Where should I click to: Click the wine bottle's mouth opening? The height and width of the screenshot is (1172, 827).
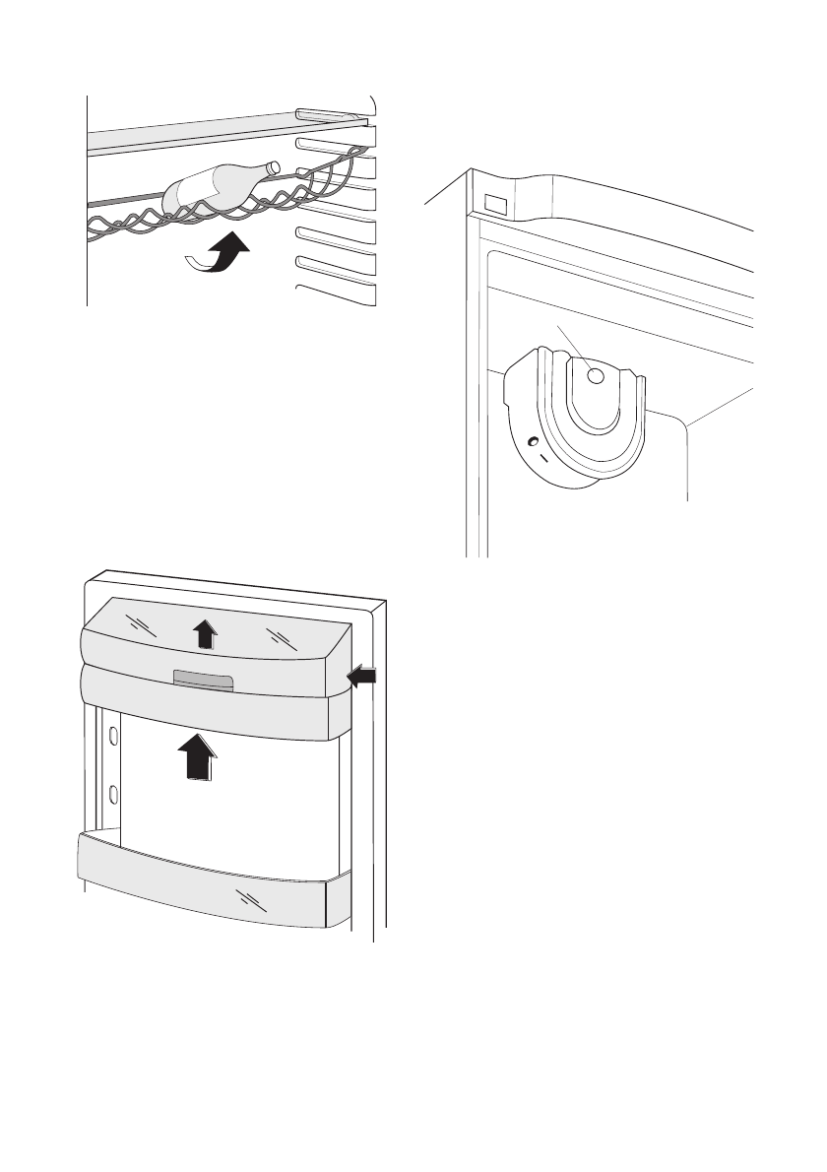[x=275, y=167]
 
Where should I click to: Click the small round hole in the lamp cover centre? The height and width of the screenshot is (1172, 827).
[x=595, y=374]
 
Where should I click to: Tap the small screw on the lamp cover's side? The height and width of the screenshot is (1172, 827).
[x=531, y=442]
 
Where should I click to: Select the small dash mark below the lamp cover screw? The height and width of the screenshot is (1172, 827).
[x=540, y=460]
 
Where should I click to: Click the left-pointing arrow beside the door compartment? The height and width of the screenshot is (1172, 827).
[x=362, y=675]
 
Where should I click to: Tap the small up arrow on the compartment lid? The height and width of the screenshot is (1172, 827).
[x=204, y=633]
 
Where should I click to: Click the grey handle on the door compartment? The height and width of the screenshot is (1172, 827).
[x=203, y=681]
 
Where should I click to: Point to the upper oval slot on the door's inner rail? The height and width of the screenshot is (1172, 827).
[x=114, y=736]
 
